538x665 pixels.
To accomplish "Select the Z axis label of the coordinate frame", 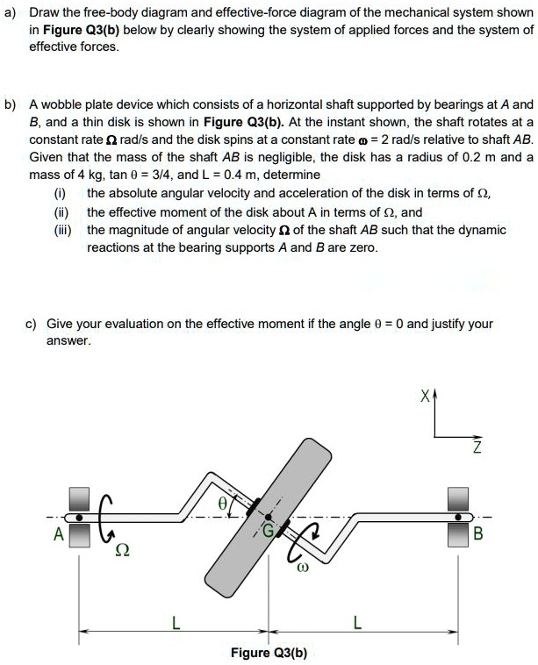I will tap(476, 449).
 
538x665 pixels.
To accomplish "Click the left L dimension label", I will tap(176, 624).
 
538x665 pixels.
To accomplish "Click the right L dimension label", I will tap(355, 624).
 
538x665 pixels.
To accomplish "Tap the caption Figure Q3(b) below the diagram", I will tap(268, 653).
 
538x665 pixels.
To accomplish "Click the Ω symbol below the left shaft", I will tap(124, 550).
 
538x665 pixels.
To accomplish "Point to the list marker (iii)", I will tap(62, 230).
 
